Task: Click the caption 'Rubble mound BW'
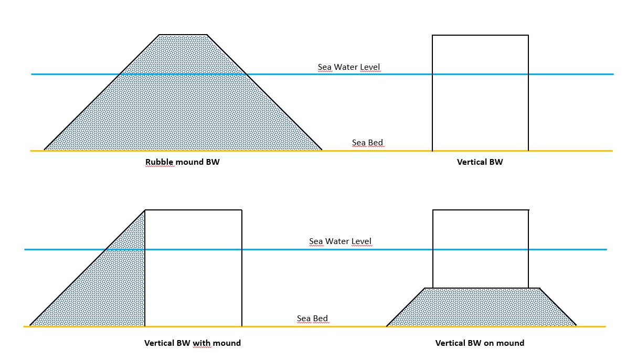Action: pyautogui.click(x=182, y=162)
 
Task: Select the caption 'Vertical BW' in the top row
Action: pyautogui.click(x=480, y=162)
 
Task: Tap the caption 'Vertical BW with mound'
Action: pyautogui.click(x=193, y=343)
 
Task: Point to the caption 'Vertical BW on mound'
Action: pyautogui.click(x=480, y=343)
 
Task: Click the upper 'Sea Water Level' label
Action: pyautogui.click(x=348, y=67)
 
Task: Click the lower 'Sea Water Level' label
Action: pyautogui.click(x=340, y=241)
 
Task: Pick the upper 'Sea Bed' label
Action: pyautogui.click(x=367, y=142)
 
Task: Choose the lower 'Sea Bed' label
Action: pyautogui.click(x=312, y=318)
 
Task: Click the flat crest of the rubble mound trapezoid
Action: pyautogui.click(x=183, y=35)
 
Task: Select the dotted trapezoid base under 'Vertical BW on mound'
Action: pyautogui.click(x=482, y=307)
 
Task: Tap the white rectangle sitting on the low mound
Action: pyautogui.click(x=481, y=249)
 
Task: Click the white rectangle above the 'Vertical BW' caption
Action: pyautogui.click(x=480, y=93)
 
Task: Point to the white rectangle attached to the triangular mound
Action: pyautogui.click(x=194, y=268)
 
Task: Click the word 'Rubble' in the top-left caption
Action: pyautogui.click(x=160, y=162)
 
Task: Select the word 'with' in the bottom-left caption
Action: pyautogui.click(x=202, y=343)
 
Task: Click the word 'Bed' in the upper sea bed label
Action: pyautogui.click(x=375, y=142)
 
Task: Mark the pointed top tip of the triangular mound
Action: pyautogui.click(x=145, y=210)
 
